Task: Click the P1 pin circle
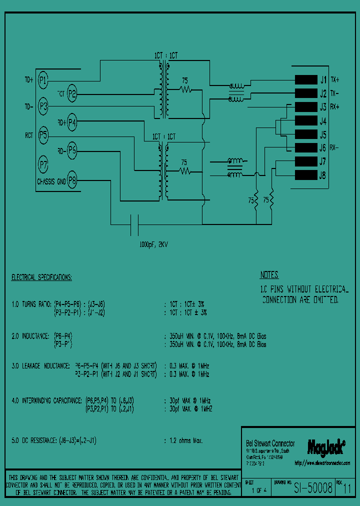[x=43, y=79]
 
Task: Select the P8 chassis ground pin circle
[x=72, y=180]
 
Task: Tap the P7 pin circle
[x=43, y=163]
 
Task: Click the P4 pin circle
[x=72, y=121]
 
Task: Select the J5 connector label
[x=323, y=134]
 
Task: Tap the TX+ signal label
[x=335, y=79]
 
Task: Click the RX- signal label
[x=335, y=148]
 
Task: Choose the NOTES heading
[x=269, y=275]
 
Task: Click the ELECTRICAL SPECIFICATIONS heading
[x=41, y=277]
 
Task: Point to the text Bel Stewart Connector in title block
[x=270, y=443]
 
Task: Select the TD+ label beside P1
[x=29, y=79]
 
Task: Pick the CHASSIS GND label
[x=51, y=181]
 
